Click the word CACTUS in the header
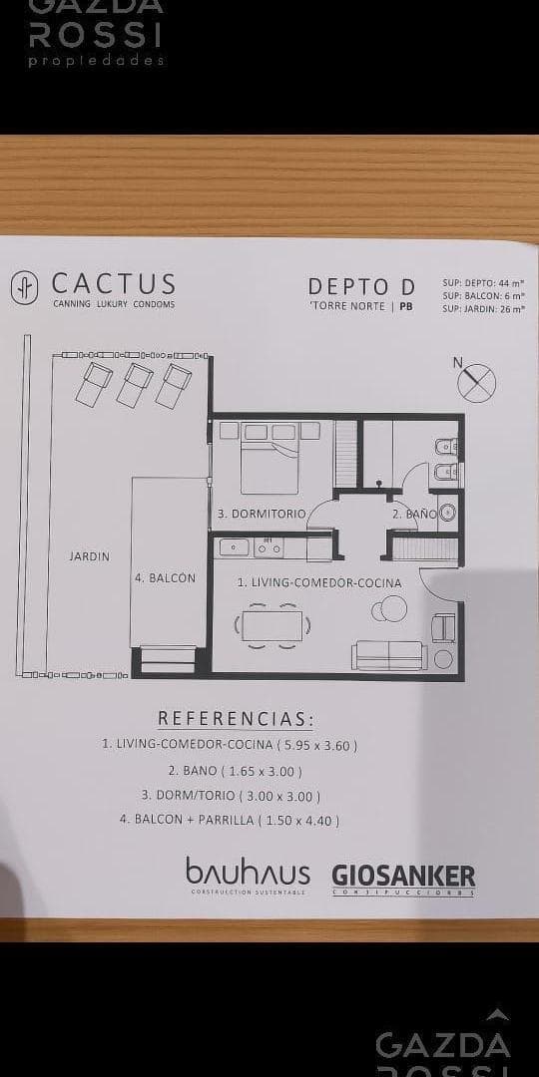(x=114, y=285)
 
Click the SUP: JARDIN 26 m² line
(x=483, y=309)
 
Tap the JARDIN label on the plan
(x=89, y=556)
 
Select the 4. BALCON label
(x=165, y=577)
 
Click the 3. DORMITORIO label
(x=260, y=514)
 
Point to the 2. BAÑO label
(x=413, y=514)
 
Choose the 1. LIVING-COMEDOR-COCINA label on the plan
(x=319, y=582)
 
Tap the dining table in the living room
(x=271, y=626)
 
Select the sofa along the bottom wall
(x=388, y=654)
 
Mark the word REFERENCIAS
(x=235, y=719)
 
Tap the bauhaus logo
(x=248, y=874)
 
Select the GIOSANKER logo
(x=403, y=877)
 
